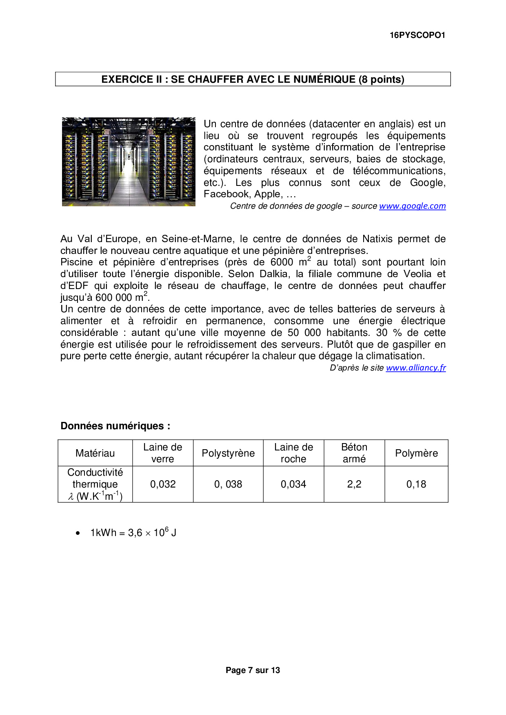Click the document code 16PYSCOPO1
[x=417, y=35]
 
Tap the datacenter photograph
[x=129, y=162]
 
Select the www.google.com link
[x=412, y=206]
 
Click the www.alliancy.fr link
[x=416, y=368]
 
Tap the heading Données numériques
[x=115, y=426]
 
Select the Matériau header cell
[x=95, y=453]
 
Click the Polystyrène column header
[x=228, y=453]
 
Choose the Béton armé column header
[x=354, y=453]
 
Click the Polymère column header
[x=416, y=453]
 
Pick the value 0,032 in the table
[x=163, y=484]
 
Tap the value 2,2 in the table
[x=354, y=484]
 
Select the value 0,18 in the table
[x=416, y=484]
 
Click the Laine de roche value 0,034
[x=293, y=484]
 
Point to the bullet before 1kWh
[x=78, y=533]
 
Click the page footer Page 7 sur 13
[x=253, y=670]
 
